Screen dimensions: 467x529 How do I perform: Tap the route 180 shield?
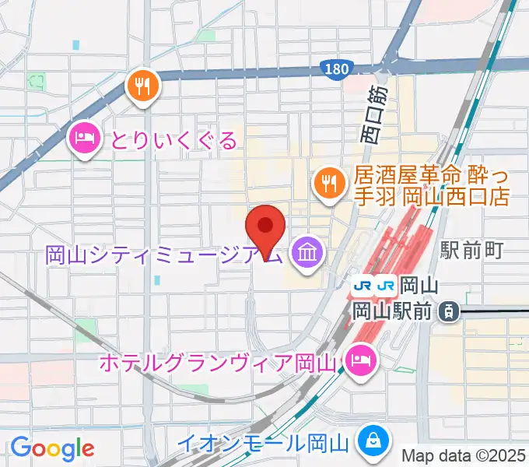pos(335,70)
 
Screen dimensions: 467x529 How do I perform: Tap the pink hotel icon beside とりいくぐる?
pos(84,139)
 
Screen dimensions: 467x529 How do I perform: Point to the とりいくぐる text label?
pos(173,140)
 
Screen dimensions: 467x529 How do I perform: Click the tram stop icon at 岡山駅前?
pos(449,311)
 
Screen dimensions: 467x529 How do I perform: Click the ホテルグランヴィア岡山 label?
pos(218,363)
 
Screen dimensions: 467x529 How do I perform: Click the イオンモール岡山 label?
pos(261,444)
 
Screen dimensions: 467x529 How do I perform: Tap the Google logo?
pos(52,448)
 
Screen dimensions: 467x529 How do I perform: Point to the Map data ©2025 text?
pos(464,456)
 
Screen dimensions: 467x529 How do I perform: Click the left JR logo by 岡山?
pos(362,286)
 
